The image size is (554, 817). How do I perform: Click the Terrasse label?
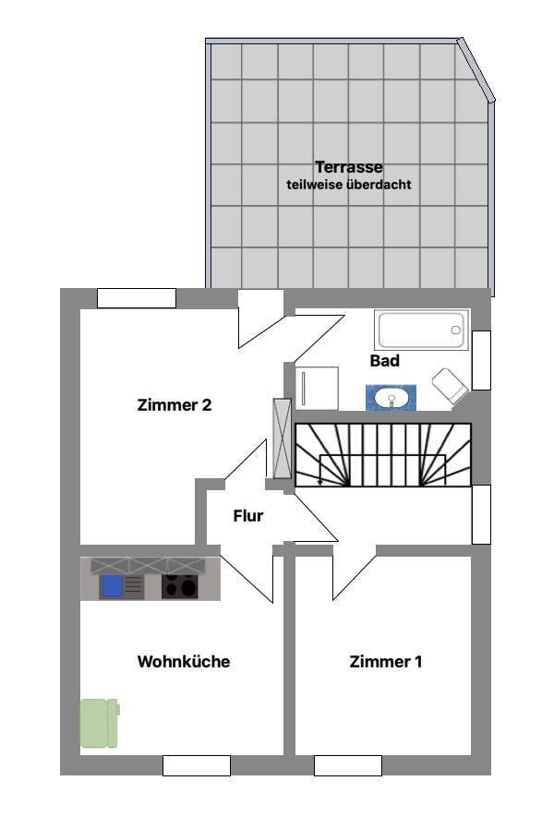pos(349,167)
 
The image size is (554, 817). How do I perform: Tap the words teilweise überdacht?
pos(349,185)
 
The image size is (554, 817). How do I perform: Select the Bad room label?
pos(385,361)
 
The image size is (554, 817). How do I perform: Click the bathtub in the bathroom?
pos(422,330)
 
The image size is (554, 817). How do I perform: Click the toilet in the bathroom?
pos(450,386)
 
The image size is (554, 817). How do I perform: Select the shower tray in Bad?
pos(317,388)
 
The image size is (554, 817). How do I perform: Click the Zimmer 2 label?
pos(175,404)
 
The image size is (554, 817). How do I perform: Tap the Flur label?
pos(248,516)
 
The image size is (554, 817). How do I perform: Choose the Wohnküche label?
pos(184,661)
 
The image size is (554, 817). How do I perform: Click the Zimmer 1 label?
pos(386,661)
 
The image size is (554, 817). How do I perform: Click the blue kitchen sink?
pos(113,586)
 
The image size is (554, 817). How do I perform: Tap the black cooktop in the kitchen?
pos(179,586)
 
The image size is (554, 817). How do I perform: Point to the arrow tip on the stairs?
pos(319,482)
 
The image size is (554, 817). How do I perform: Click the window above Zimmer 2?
pos(136,298)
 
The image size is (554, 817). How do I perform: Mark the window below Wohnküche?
pos(196,765)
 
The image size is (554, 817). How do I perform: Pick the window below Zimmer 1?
pos(347,765)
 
